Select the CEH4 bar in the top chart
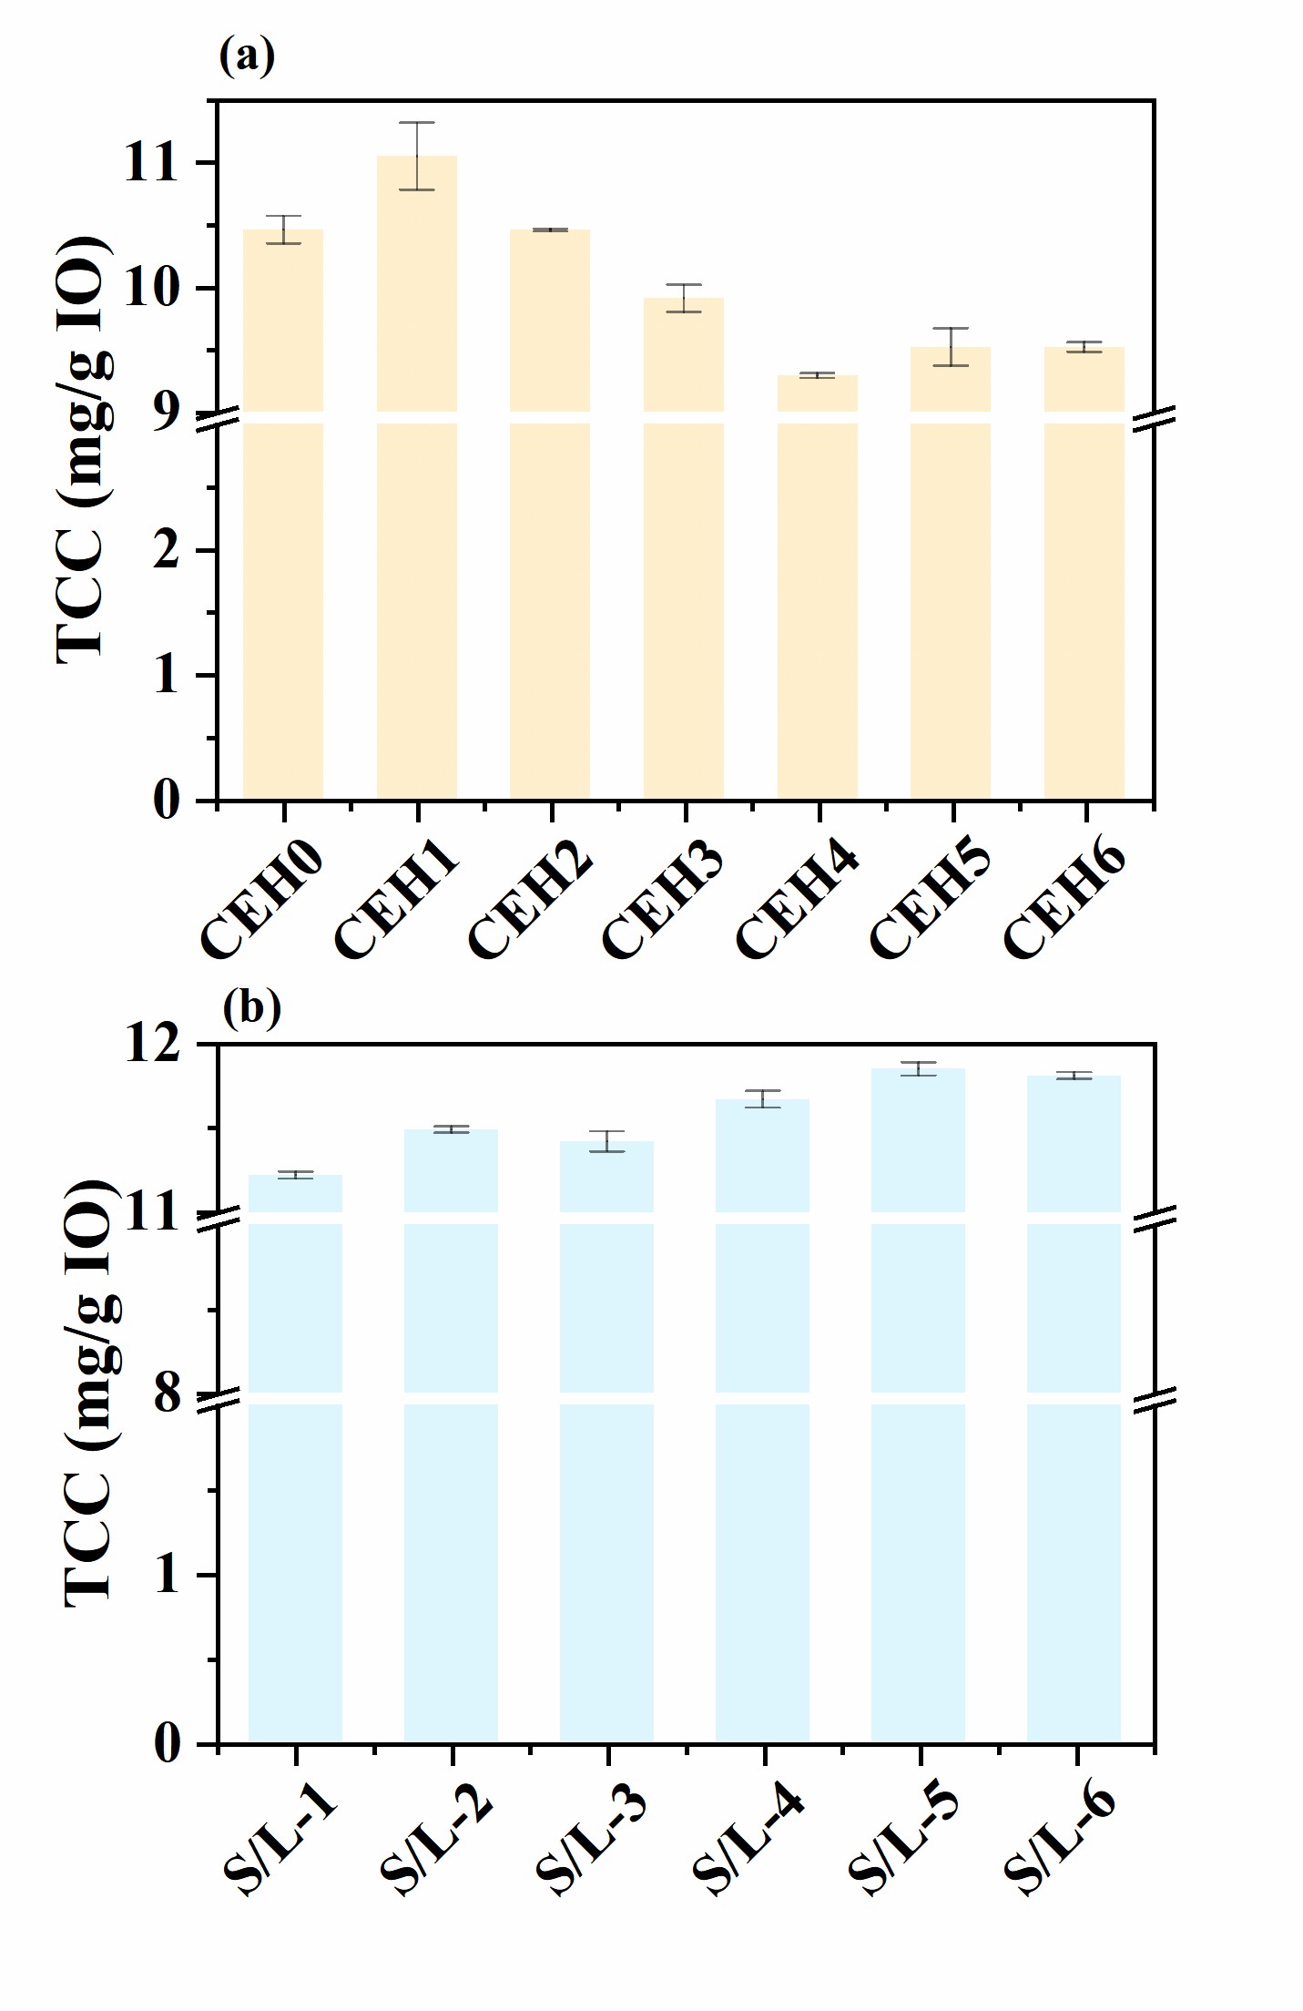[817, 592]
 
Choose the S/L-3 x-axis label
[593, 1841]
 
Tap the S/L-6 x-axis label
[1061, 1841]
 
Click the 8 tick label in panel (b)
[168, 1394]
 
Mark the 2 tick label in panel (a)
[168, 551]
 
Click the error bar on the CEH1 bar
[417, 156]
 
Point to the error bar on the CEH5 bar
[951, 346]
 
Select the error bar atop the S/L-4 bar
[763, 1098]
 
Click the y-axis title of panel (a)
[84, 451]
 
